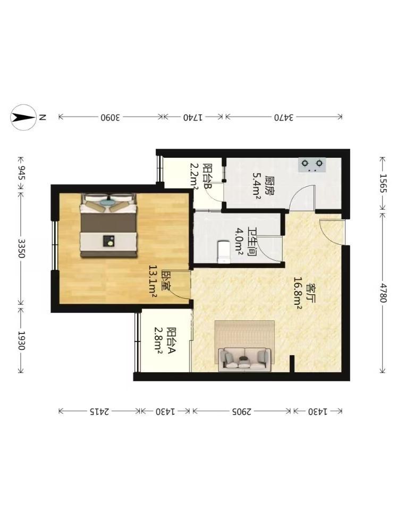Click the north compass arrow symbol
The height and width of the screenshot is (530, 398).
pos(23,117)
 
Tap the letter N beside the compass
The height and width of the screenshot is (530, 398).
pos(43,117)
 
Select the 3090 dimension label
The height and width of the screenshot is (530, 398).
pos(110,117)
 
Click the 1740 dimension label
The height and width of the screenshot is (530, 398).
pos(193,117)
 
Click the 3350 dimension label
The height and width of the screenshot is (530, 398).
pos(21,249)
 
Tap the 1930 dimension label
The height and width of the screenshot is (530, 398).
pos(21,340)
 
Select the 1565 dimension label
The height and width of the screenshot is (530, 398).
pos(383,183)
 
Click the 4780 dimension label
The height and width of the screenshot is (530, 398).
pos(383,293)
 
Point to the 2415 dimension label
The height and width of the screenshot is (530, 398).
pos(99,412)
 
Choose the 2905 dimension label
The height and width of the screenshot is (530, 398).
pos(242,412)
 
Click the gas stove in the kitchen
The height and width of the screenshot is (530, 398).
pos(312,165)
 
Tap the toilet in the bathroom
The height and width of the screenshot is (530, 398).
pos(223,252)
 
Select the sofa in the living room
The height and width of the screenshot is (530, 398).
pos(244,360)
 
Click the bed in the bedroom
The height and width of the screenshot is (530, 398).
pos(108,225)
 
